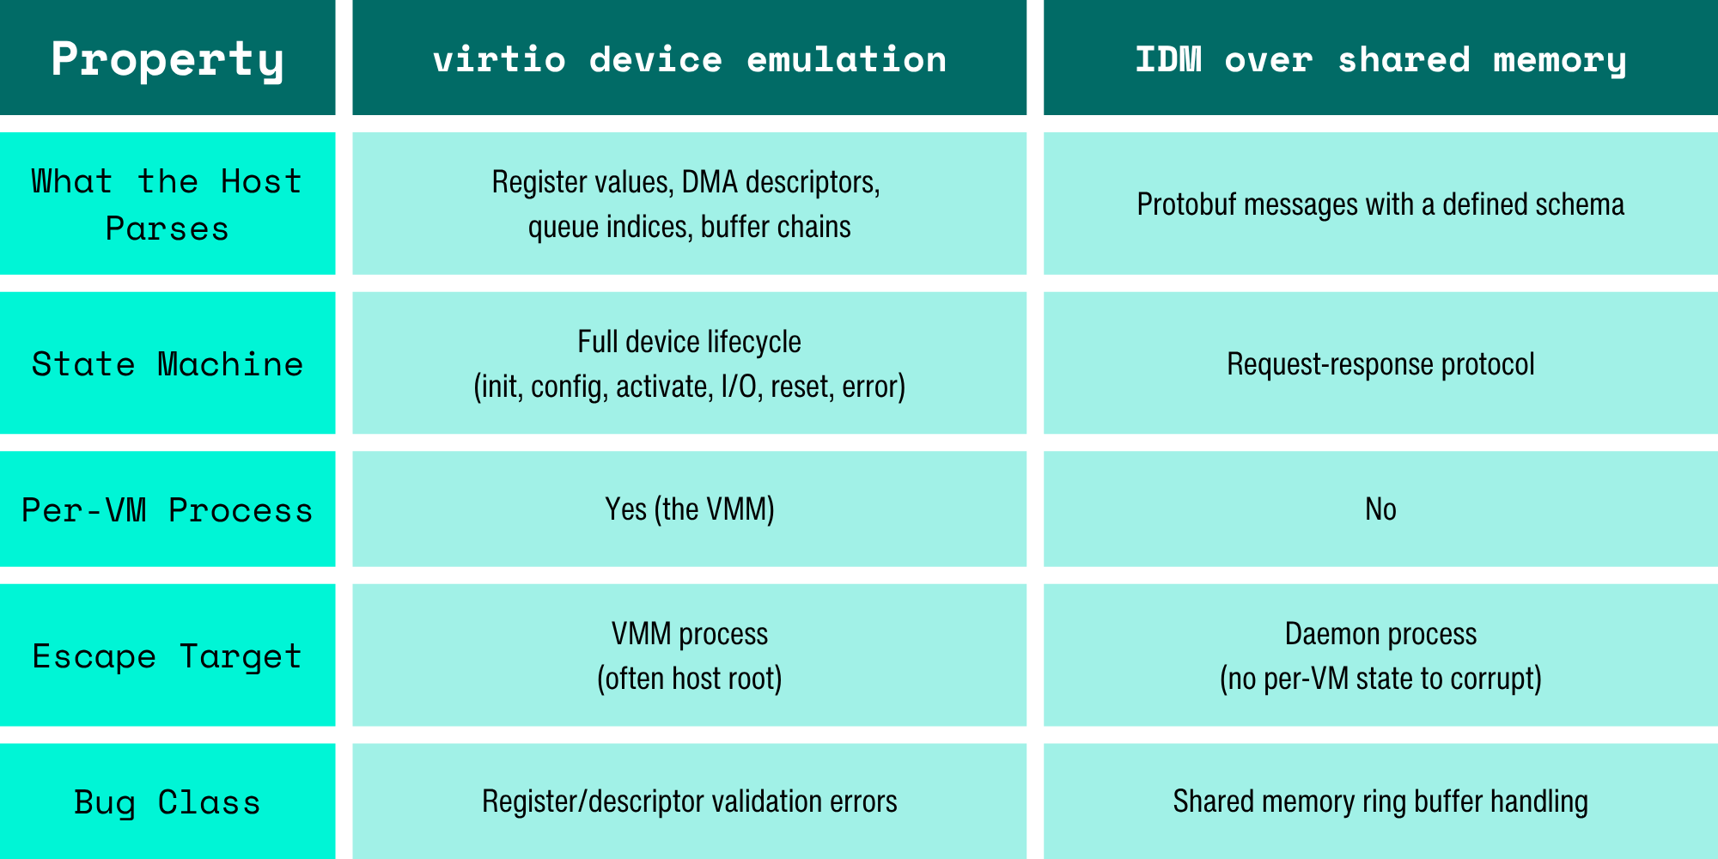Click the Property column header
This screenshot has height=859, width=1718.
[168, 58]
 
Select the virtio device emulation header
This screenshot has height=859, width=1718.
[689, 58]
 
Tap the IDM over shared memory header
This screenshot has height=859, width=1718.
[1380, 58]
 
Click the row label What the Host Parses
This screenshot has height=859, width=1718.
[168, 204]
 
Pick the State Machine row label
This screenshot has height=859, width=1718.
[168, 364]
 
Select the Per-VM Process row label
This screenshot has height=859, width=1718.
[168, 509]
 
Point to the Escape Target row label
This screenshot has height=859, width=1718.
[168, 655]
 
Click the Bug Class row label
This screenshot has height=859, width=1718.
[168, 801]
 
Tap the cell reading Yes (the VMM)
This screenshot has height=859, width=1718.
[689, 509]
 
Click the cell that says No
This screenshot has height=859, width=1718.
[1380, 509]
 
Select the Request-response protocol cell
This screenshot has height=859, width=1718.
[1380, 364]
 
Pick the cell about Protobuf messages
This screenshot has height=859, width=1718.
[1380, 204]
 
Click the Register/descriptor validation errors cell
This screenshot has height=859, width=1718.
[689, 801]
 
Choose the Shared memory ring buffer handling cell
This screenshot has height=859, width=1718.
[1380, 801]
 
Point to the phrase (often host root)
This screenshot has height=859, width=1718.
[689, 679]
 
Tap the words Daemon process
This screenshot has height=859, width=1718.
[1380, 634]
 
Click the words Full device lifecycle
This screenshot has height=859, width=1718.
[689, 342]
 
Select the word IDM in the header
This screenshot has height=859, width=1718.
[1168, 58]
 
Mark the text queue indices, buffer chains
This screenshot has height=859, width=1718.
[689, 227]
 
